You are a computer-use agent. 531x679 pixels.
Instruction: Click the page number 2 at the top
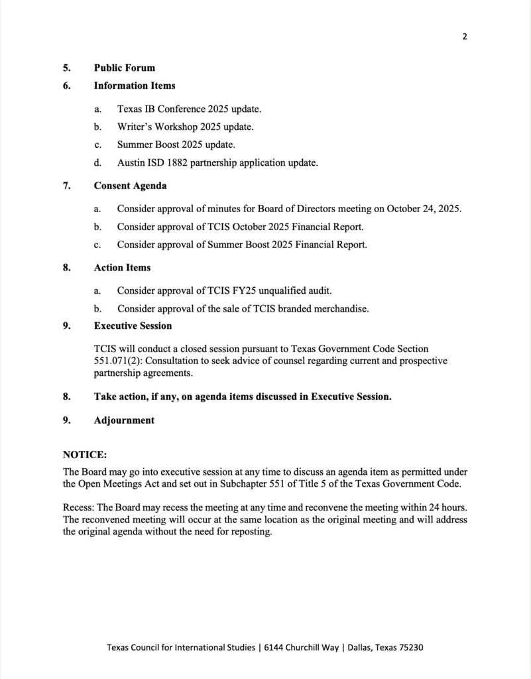pos(465,36)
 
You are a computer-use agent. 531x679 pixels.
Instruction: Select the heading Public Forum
pos(125,68)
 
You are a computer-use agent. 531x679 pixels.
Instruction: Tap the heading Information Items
pos(135,86)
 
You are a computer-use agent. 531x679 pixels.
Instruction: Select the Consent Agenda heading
pos(130,186)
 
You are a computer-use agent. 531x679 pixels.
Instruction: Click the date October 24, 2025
pos(424,209)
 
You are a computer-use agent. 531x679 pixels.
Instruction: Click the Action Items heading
pos(122,268)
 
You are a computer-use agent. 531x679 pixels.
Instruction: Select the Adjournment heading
pos(124,420)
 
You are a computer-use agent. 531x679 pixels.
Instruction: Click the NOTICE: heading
pos(85,455)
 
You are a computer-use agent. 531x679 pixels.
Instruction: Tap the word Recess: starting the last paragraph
pos(79,508)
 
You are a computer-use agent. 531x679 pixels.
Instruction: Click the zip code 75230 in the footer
pos(408,647)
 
